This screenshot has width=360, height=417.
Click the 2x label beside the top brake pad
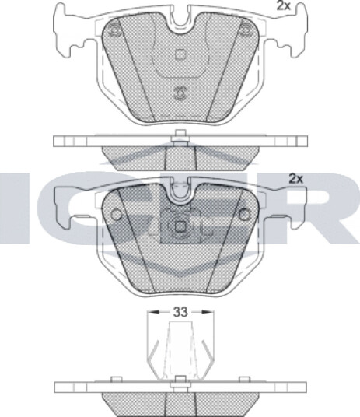(284, 6)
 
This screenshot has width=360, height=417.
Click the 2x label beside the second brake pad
(296, 179)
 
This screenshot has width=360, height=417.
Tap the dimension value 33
(180, 312)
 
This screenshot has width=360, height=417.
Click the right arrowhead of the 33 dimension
(208, 311)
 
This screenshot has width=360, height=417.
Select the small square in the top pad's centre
(180, 54)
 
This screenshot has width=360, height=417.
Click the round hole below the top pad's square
(180, 93)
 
